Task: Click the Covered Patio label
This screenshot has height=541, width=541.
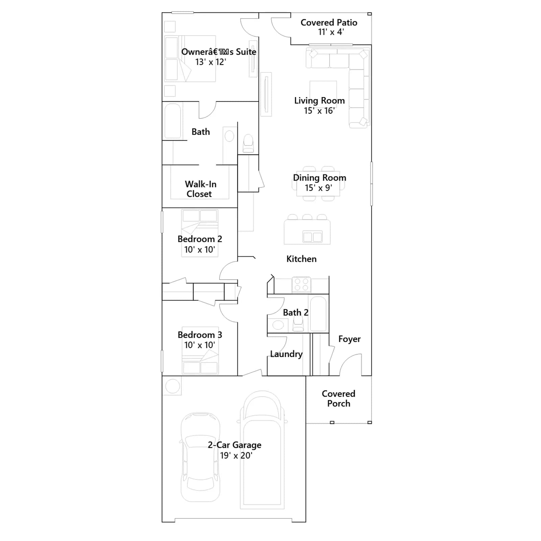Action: point(329,23)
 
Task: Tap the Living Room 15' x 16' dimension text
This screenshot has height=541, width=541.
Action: point(319,111)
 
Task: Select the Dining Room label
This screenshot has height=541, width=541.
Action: point(320,178)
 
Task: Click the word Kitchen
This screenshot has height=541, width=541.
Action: point(301,259)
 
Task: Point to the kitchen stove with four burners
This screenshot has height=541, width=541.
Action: point(301,284)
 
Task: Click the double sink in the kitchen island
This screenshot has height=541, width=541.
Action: point(312,237)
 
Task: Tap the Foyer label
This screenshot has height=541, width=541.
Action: point(349,339)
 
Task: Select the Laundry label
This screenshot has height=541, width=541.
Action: point(286,354)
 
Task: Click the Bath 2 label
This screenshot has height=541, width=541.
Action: point(296,312)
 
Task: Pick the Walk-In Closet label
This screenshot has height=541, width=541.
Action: point(200,189)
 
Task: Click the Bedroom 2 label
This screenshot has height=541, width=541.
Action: point(200,239)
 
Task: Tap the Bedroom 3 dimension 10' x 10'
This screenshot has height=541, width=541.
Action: point(199,345)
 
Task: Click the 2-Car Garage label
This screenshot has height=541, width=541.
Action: point(234,445)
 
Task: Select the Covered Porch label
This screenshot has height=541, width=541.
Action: point(338,398)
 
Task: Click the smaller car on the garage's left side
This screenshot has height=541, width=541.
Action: point(200,457)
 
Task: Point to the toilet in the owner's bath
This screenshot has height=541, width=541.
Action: point(248,143)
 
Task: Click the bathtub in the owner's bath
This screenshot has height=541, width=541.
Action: point(173,121)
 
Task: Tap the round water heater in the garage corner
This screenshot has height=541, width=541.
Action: point(172,386)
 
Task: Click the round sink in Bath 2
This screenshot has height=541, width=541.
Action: point(278,325)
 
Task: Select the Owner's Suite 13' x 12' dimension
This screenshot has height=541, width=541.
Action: point(211,62)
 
